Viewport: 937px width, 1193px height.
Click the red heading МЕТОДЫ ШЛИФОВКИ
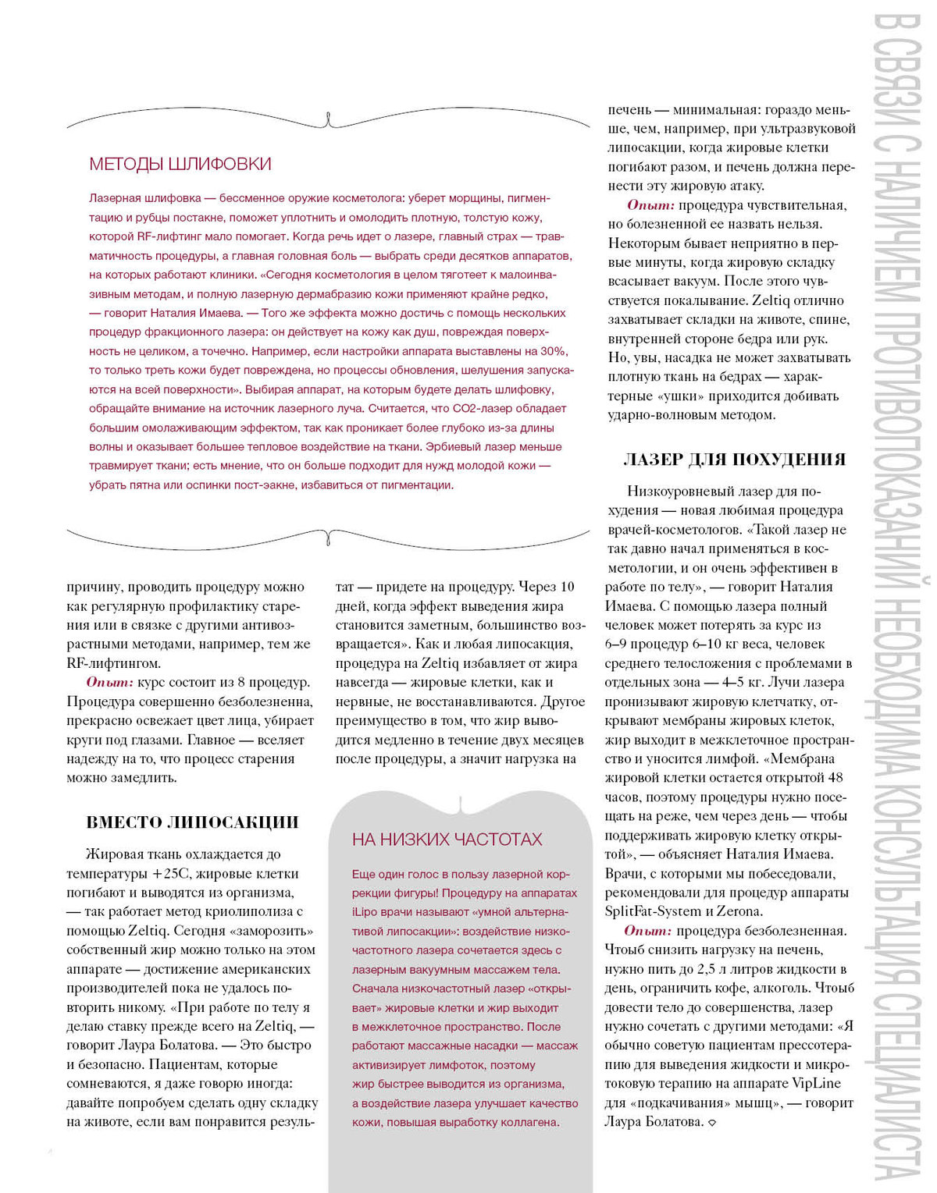(x=180, y=164)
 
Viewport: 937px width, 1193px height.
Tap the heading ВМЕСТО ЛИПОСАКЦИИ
(x=192, y=822)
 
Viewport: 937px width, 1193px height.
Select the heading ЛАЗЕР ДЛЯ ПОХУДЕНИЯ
(x=734, y=460)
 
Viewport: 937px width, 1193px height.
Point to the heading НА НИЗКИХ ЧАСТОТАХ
(x=447, y=840)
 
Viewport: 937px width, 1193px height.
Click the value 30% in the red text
(x=554, y=351)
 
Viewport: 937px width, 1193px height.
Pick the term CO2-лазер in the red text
(x=480, y=408)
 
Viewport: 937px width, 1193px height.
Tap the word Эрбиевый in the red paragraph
(x=452, y=446)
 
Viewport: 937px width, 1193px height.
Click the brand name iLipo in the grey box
(x=365, y=912)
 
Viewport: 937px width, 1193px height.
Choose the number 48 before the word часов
(x=835, y=778)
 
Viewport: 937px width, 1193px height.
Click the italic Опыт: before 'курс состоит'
(x=110, y=683)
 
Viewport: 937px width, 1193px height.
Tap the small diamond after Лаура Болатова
(x=711, y=1123)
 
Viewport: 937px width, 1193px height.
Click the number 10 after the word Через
(x=568, y=587)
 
